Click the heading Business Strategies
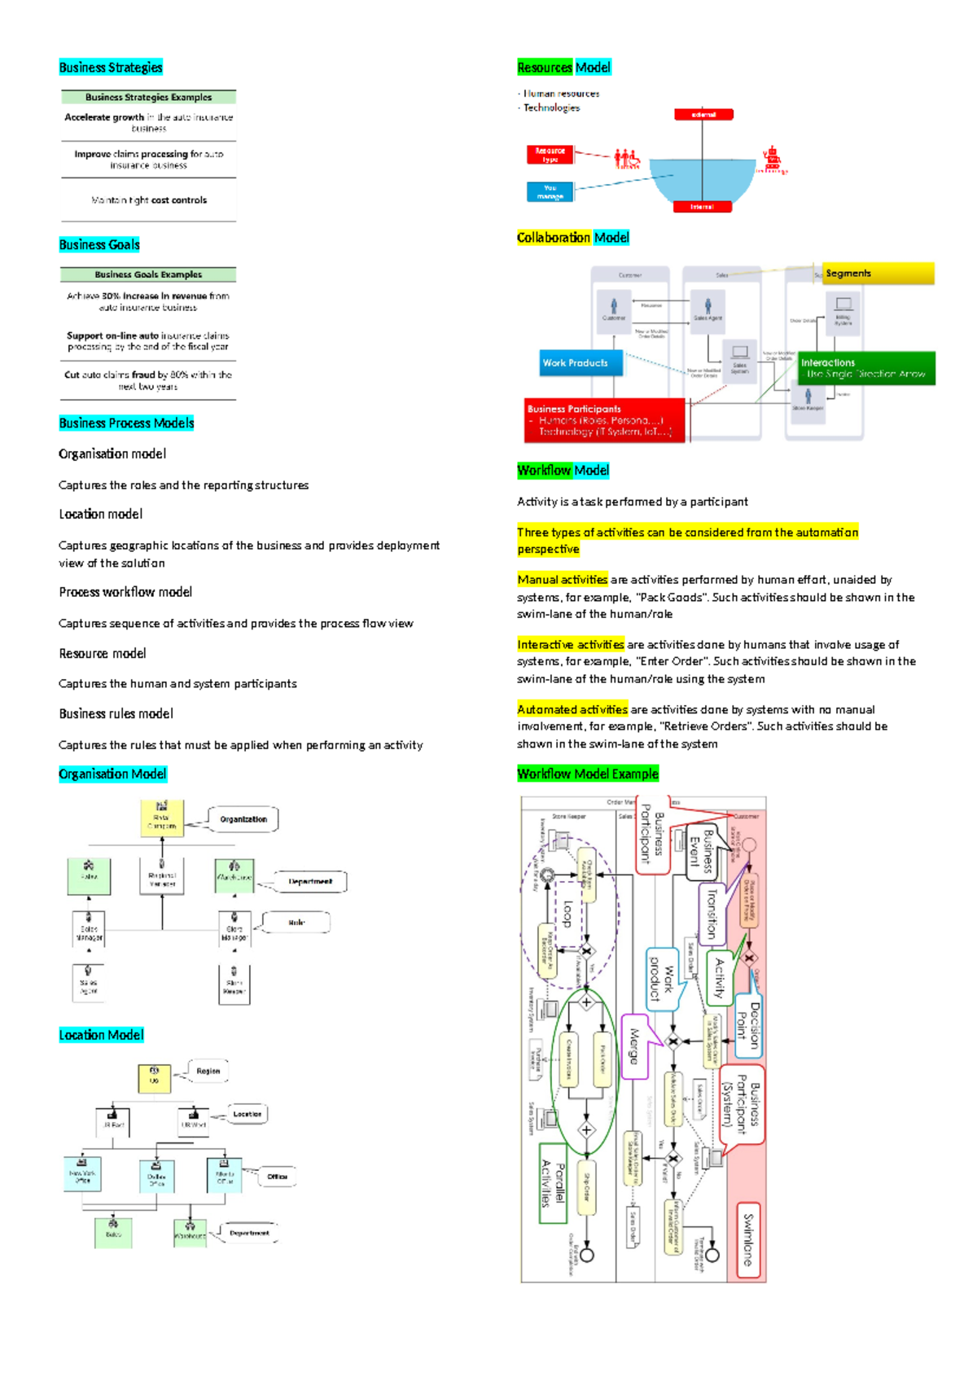click(111, 68)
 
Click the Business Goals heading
click(99, 245)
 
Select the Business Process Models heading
click(126, 423)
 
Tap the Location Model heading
click(101, 1035)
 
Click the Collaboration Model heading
click(573, 238)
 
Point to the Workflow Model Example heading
click(588, 774)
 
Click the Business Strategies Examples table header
click(148, 98)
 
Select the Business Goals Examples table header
click(148, 275)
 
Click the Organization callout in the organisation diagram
click(243, 819)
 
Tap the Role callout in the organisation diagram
click(296, 923)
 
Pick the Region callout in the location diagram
click(208, 1072)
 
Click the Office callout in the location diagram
click(277, 1177)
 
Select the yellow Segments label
click(878, 274)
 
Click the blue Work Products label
click(581, 363)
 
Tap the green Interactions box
click(865, 368)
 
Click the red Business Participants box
click(604, 420)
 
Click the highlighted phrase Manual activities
click(563, 580)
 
